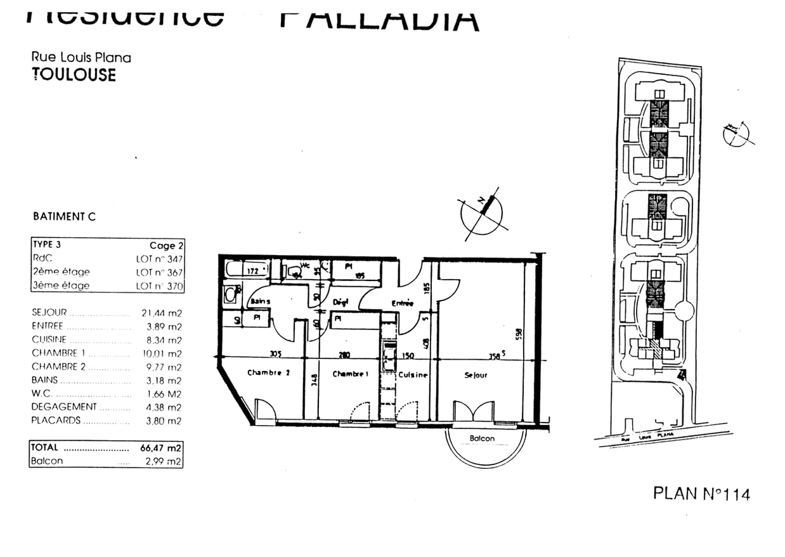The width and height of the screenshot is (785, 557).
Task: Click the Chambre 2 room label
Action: pyautogui.click(x=268, y=373)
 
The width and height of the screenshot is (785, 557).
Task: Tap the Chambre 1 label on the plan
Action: pyautogui.click(x=350, y=374)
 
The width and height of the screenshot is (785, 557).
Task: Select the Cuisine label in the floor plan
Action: pyautogui.click(x=413, y=375)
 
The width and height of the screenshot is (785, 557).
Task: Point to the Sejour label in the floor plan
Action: pyautogui.click(x=476, y=376)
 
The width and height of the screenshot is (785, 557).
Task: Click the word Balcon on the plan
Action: pyautogui.click(x=483, y=438)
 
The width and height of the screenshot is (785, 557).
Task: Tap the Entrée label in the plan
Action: pyautogui.click(x=402, y=303)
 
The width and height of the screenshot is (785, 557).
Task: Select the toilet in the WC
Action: pyautogui.click(x=294, y=272)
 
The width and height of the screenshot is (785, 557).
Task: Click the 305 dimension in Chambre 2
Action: pyautogui.click(x=275, y=355)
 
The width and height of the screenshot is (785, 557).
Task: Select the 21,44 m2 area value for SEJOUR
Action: pyautogui.click(x=161, y=313)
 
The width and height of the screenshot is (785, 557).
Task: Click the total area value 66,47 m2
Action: pyautogui.click(x=160, y=448)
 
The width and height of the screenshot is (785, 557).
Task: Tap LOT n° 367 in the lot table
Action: pyautogui.click(x=159, y=272)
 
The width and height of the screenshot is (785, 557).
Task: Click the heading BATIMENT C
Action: pyautogui.click(x=64, y=216)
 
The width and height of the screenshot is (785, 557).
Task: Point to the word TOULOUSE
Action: pyautogui.click(x=74, y=74)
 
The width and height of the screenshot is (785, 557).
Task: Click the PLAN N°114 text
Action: pyautogui.click(x=701, y=494)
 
